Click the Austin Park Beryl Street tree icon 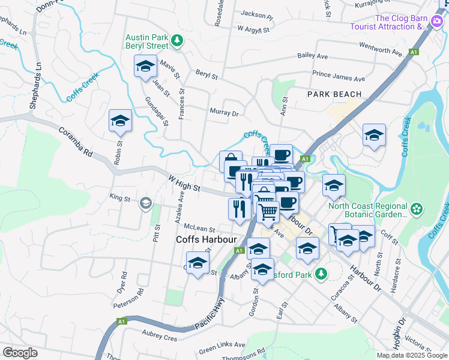(x=177, y=41)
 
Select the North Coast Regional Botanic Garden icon (x=417, y=210)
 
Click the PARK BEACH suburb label (x=334, y=94)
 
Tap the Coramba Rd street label (x=75, y=142)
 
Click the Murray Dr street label (x=224, y=112)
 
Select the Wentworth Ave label (x=380, y=49)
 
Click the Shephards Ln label (x=35, y=85)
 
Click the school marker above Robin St (x=120, y=122)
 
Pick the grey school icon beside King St (x=145, y=204)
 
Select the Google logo (x=19, y=353)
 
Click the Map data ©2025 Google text (x=412, y=355)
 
